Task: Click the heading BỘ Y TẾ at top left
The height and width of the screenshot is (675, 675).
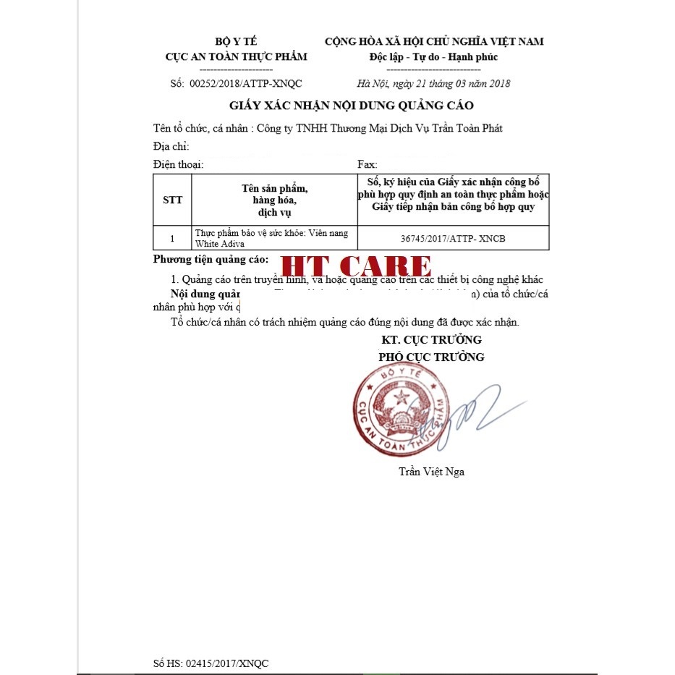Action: pos(236,41)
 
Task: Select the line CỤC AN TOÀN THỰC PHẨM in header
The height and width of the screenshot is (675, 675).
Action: pos(236,56)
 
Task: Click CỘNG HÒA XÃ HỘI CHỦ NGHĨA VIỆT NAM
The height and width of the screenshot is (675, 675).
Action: pos(434,41)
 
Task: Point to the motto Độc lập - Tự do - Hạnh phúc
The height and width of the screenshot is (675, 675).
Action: pos(434,56)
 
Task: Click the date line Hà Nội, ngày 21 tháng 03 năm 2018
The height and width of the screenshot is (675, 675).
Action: pos(434,83)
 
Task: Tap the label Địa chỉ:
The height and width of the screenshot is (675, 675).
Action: pos(171,147)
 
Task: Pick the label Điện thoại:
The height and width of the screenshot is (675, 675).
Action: pos(179,165)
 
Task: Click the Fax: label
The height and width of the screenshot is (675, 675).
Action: pos(368,165)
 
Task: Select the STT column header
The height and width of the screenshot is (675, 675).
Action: pos(173,200)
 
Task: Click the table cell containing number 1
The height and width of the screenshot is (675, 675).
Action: pos(172,238)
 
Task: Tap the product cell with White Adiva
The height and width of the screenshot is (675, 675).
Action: pos(274,238)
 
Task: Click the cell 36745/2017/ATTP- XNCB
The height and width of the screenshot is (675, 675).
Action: pos(453,238)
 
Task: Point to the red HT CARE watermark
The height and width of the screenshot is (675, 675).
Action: pos(357,266)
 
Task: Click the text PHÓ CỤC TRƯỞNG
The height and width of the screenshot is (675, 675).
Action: pos(432,357)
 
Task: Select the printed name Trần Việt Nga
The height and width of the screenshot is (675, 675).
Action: pos(432,472)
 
